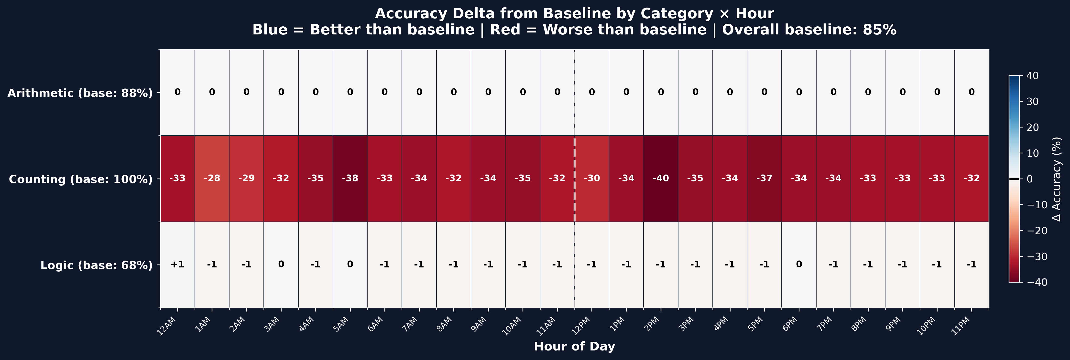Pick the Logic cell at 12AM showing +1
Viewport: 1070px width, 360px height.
pyautogui.click(x=177, y=265)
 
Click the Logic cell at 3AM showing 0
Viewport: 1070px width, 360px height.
pyautogui.click(x=281, y=265)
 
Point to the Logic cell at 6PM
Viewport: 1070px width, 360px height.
pyautogui.click(x=798, y=265)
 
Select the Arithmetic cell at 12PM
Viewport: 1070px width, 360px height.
pyautogui.click(x=591, y=92)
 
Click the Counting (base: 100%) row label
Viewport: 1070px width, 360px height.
pyautogui.click(x=81, y=179)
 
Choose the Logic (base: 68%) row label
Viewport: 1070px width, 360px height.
pyautogui.click(x=96, y=265)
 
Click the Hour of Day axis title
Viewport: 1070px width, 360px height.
pyautogui.click(x=574, y=346)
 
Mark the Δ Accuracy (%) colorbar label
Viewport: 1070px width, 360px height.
pyautogui.click(x=1057, y=179)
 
